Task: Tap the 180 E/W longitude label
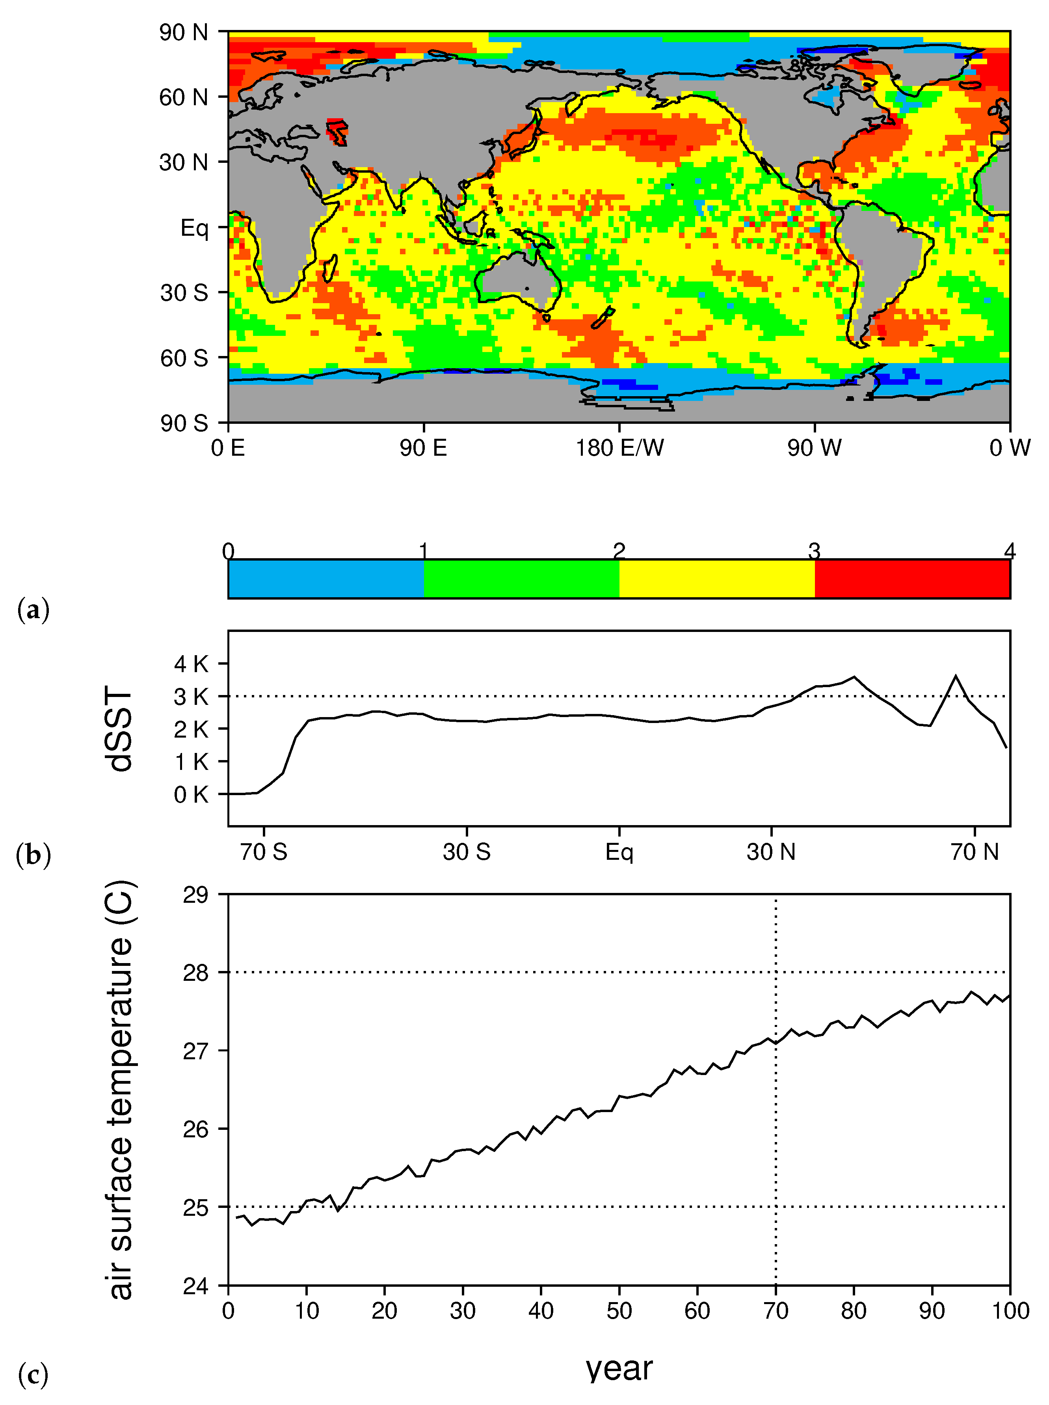(619, 449)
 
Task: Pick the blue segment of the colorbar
(326, 579)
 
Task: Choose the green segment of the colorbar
(521, 579)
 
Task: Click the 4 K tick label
(191, 664)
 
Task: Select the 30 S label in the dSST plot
(467, 852)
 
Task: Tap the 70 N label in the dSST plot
(974, 852)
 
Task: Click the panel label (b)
(33, 855)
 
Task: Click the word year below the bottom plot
(619, 1369)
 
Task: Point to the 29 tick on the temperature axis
(195, 895)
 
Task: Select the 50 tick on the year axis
(619, 1310)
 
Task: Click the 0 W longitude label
(1010, 449)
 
